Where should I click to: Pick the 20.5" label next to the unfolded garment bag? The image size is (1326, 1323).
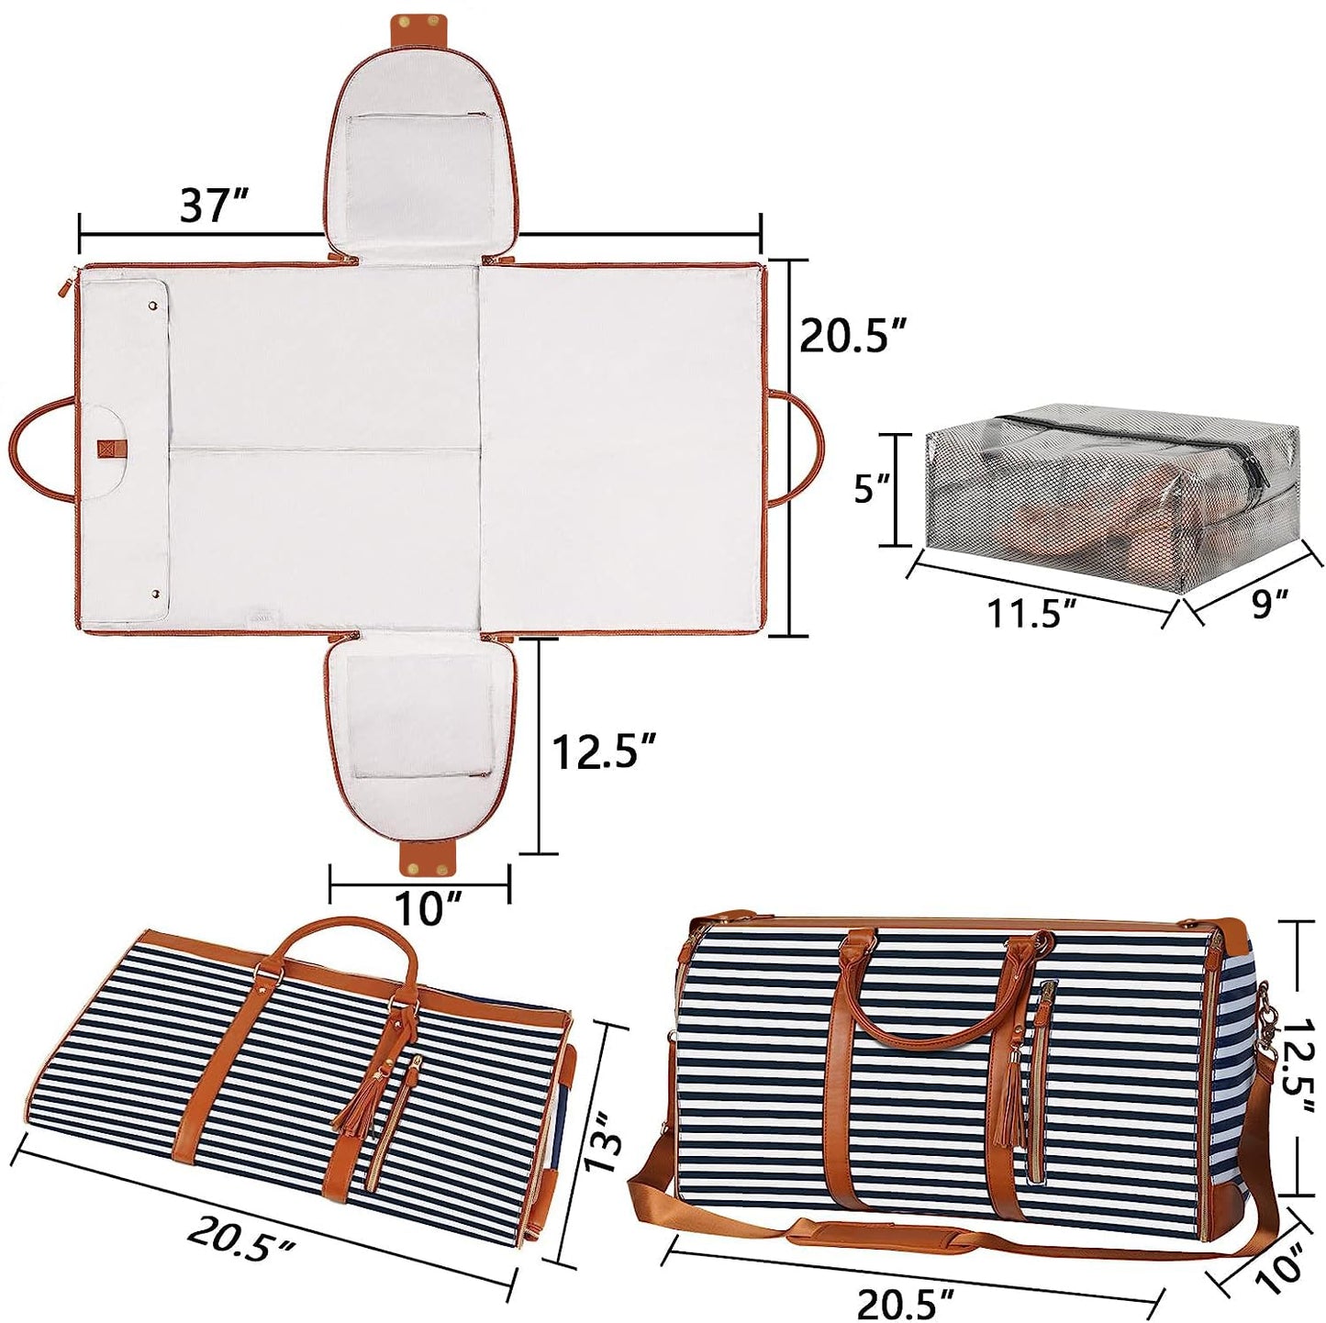click(850, 338)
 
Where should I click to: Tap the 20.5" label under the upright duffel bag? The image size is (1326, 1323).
click(906, 1300)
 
